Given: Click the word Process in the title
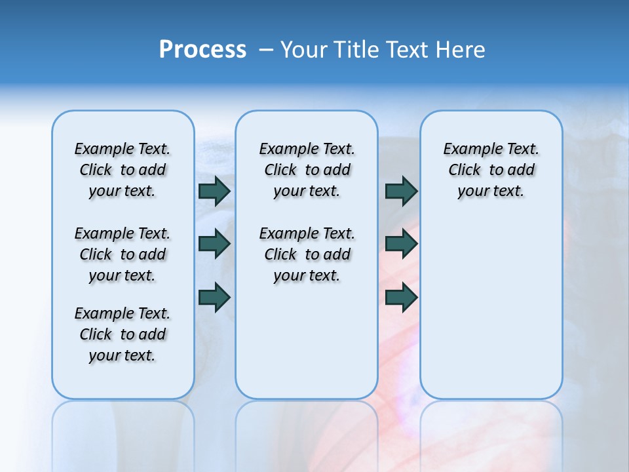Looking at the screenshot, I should pyautogui.click(x=202, y=50).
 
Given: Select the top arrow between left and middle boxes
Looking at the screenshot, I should pyautogui.click(x=214, y=191).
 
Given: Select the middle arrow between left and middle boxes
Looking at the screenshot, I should pyautogui.click(x=214, y=244).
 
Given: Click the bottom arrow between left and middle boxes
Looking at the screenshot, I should pyautogui.click(x=214, y=297).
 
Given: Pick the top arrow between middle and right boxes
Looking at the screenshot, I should pyautogui.click(x=401, y=191).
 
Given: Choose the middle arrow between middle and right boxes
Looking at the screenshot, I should pyautogui.click(x=401, y=244).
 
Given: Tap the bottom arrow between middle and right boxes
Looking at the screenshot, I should pyautogui.click(x=401, y=297).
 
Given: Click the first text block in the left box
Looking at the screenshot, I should pyautogui.click(x=123, y=170).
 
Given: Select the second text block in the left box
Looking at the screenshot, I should pyautogui.click(x=123, y=254).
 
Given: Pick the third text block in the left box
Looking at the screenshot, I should pyautogui.click(x=123, y=334).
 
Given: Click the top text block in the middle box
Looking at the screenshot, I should pyautogui.click(x=307, y=170).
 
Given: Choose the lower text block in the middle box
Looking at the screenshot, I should pyautogui.click(x=307, y=254).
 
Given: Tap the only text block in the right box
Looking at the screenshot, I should pyautogui.click(x=491, y=170).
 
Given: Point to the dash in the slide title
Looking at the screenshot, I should pyautogui.click(x=266, y=50).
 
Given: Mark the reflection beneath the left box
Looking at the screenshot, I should pyautogui.click(x=123, y=433).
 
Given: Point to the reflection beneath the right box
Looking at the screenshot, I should pyautogui.click(x=491, y=433).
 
